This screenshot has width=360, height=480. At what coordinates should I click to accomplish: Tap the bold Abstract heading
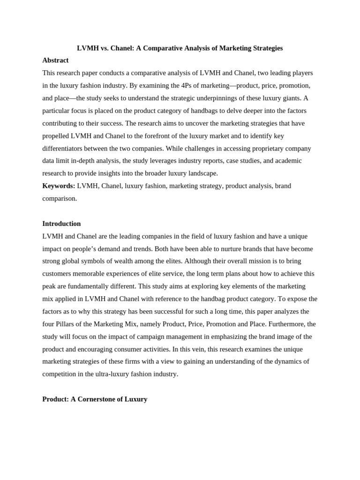(55, 60)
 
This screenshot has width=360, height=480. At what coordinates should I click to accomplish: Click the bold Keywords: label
(59, 186)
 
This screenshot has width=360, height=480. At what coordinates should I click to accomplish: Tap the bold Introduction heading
(61, 224)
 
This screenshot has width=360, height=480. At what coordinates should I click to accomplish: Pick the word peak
(49, 286)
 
